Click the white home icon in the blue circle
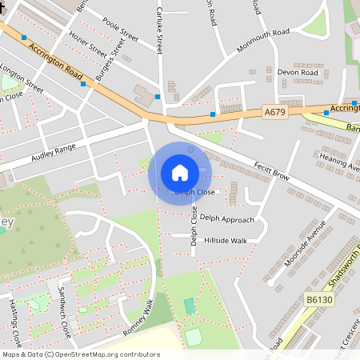tap(180, 172)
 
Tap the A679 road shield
tap(275, 114)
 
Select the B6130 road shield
tap(319, 299)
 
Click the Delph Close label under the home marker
tap(195, 193)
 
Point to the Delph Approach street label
tap(226, 218)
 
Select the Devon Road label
tap(298, 73)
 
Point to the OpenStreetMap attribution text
tap(81, 354)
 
